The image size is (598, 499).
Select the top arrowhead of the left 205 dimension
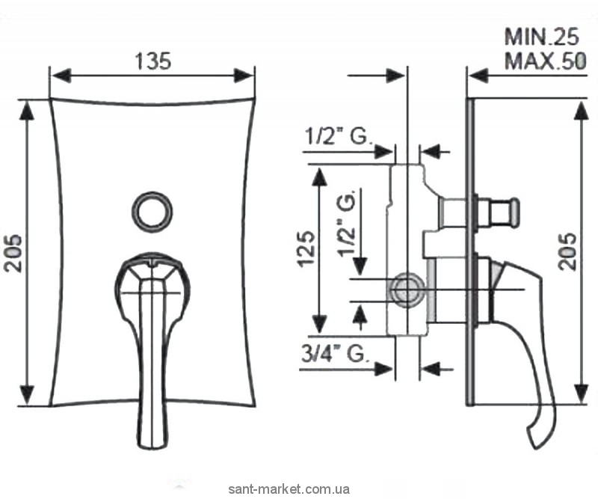pos(27,108)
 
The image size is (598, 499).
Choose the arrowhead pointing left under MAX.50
pos(477,76)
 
